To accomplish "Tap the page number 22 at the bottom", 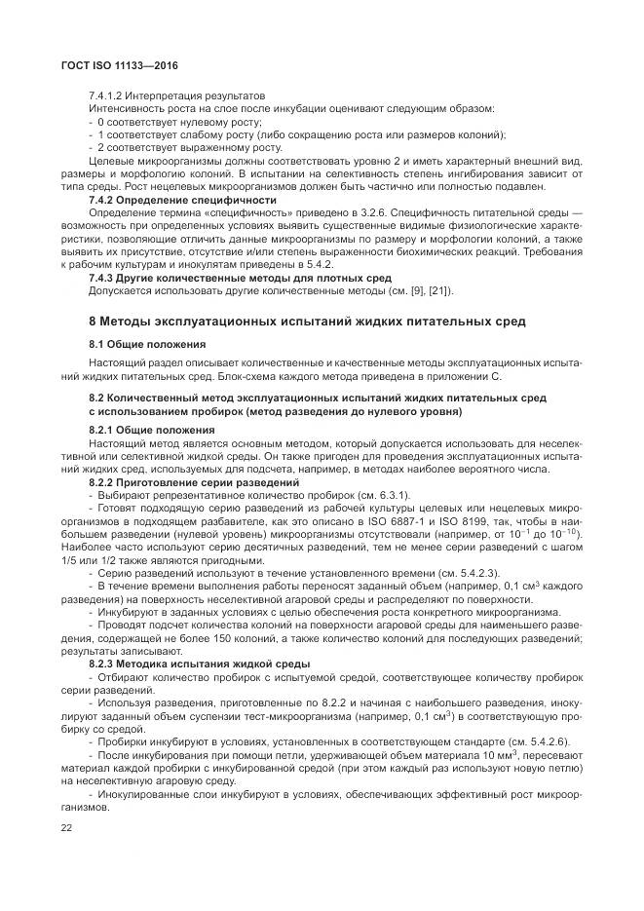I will [67, 827].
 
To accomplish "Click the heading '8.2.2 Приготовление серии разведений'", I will [193, 482].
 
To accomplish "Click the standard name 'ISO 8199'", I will [499, 520].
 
